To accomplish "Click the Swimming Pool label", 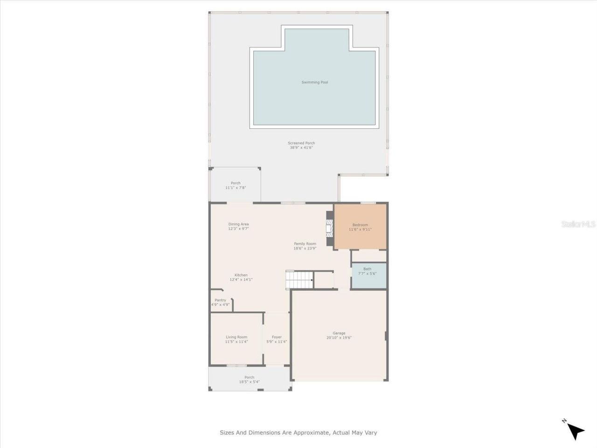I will (x=314, y=83).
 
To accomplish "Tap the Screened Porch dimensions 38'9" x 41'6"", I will (x=301, y=148).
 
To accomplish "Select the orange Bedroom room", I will (x=360, y=227).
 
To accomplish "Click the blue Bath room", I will (x=368, y=276).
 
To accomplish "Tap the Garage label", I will (x=339, y=333).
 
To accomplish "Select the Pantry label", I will (x=220, y=300).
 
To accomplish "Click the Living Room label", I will (x=236, y=337).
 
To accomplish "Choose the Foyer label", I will (x=277, y=337).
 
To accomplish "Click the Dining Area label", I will (x=238, y=224).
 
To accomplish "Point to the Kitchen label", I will (x=241, y=275).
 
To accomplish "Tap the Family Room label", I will (x=305, y=244).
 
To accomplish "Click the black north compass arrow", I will (x=576, y=431).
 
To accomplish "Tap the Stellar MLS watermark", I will (x=578, y=224).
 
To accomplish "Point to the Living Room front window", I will (x=236, y=365).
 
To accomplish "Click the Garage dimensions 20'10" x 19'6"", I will (x=339, y=337).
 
